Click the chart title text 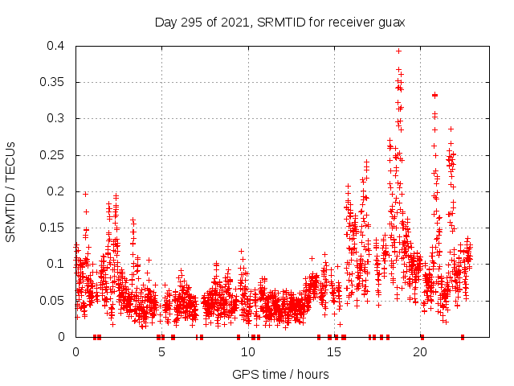[x=279, y=22]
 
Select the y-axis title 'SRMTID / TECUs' [x=10, y=191]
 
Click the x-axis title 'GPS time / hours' [x=279, y=374]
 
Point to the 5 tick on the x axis [x=161, y=352]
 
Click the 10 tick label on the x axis [x=247, y=352]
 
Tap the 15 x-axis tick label [x=334, y=352]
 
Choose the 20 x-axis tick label [x=420, y=352]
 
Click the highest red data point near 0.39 [x=398, y=51]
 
